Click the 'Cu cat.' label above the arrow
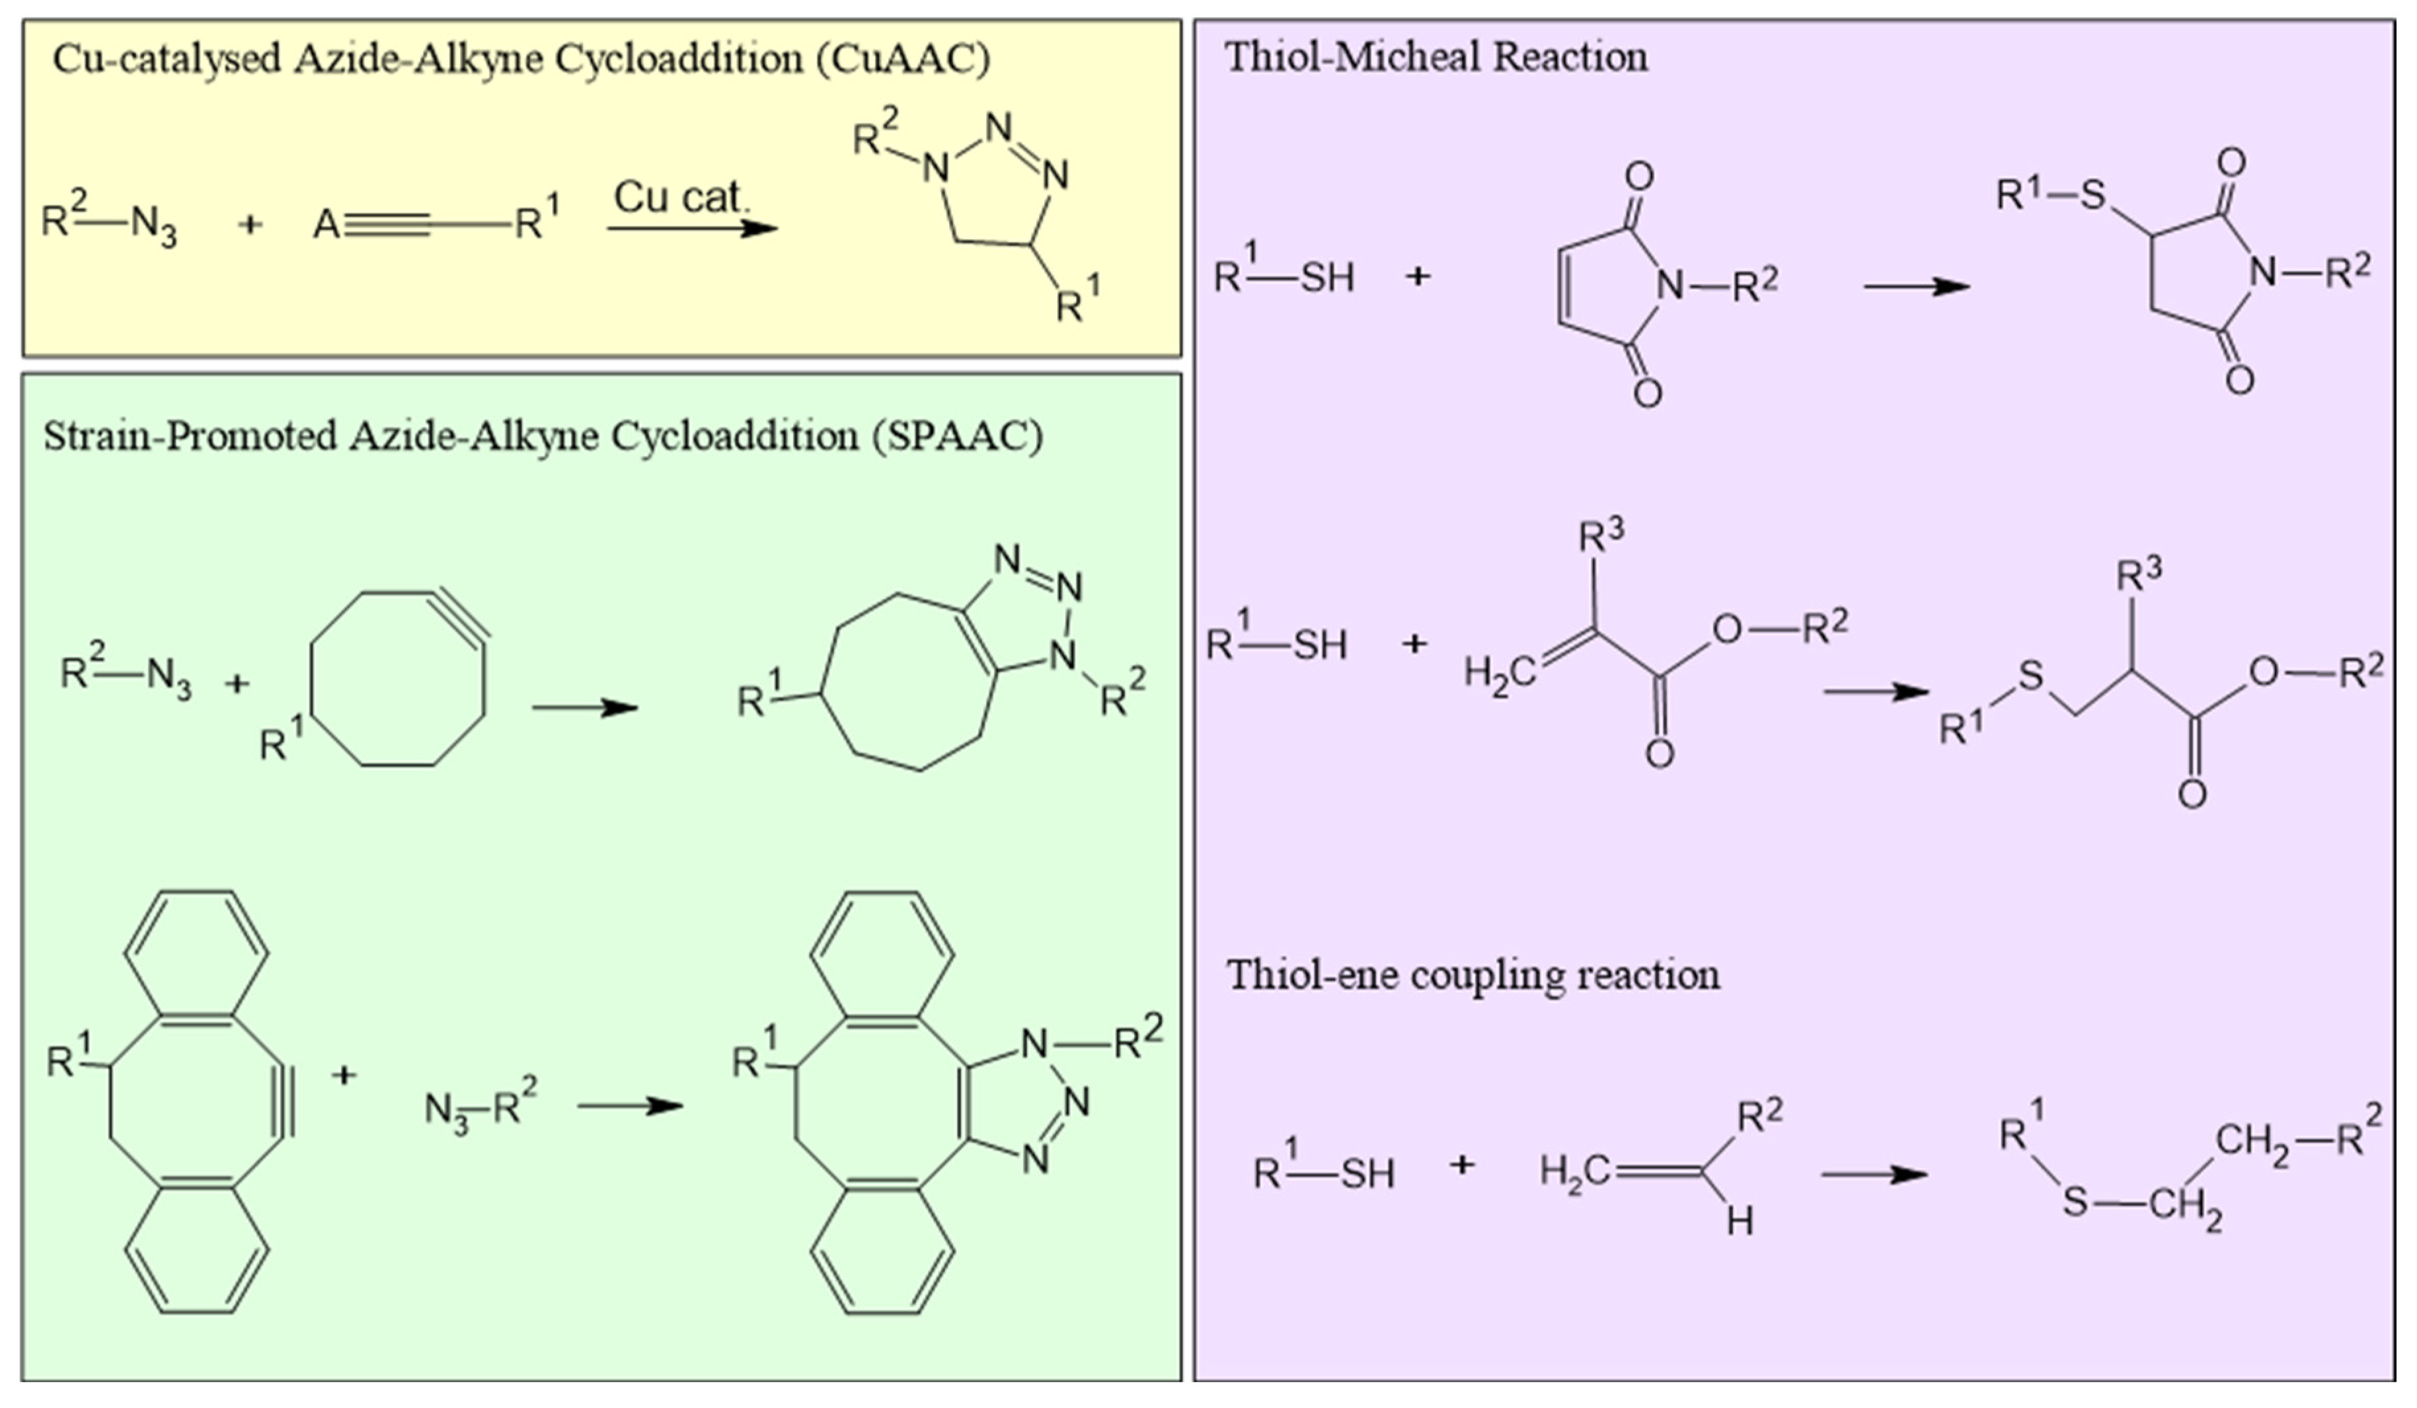tap(679, 198)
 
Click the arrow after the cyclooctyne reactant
tap(585, 708)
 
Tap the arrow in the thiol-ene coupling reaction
tap(1874, 1174)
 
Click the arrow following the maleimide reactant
tap(1916, 286)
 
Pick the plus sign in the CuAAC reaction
tap(249, 226)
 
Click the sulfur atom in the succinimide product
tap(2092, 196)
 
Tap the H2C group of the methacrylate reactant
tap(1498, 674)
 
